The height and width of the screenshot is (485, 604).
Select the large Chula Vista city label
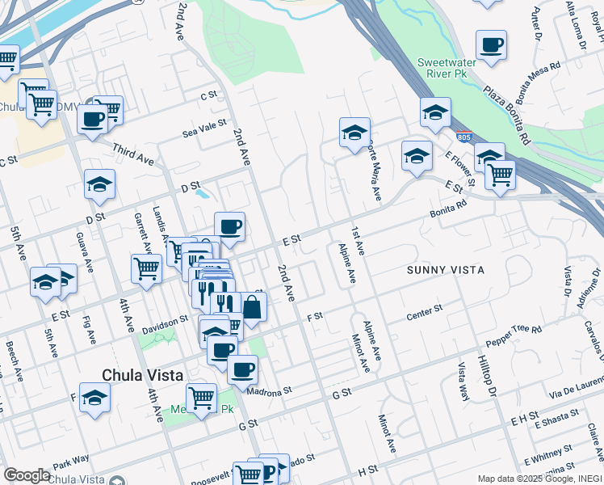point(143,375)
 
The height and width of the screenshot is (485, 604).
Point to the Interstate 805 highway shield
point(463,137)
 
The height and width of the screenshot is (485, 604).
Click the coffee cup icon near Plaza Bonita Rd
point(490,46)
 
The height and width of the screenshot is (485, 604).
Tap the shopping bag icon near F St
point(252,307)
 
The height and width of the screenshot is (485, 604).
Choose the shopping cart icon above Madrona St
point(201,397)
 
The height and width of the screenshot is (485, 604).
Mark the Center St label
point(425,310)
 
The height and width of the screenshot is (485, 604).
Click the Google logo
point(27,475)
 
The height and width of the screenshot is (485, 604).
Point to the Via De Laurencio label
point(576,386)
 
